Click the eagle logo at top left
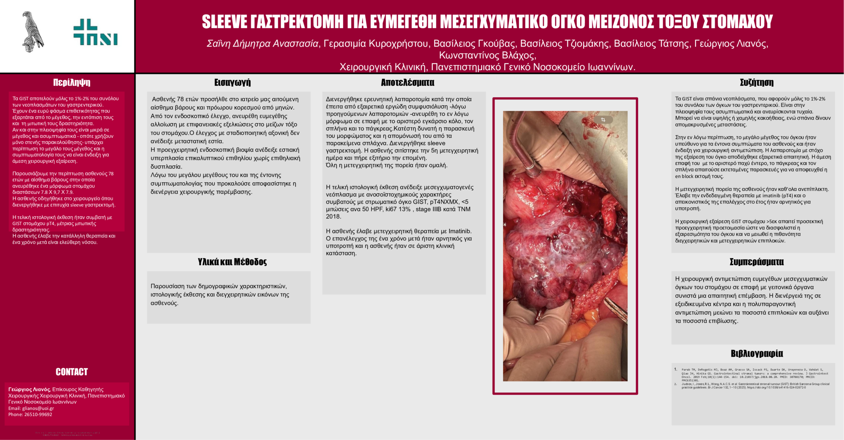click(x=33, y=32)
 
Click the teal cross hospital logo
click(x=95, y=32)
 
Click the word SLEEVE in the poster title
click(x=224, y=22)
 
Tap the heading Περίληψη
click(x=72, y=82)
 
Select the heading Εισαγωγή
click(x=232, y=82)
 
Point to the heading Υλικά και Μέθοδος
click(x=232, y=262)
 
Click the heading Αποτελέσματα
click(x=408, y=82)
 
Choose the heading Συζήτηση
click(x=757, y=82)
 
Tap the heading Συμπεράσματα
click(x=757, y=262)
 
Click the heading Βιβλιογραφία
click(x=757, y=353)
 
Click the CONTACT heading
click(x=72, y=372)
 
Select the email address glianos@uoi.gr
click(x=38, y=408)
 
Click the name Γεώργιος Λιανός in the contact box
click(x=29, y=389)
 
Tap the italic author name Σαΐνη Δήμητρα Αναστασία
click(x=263, y=44)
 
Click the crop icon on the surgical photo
click(x=603, y=120)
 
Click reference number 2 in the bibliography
click(x=676, y=384)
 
